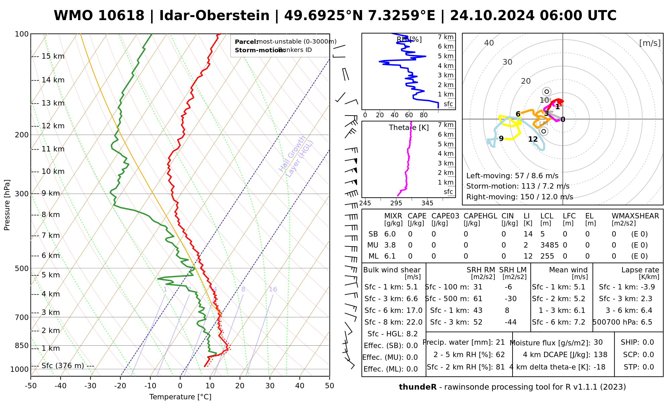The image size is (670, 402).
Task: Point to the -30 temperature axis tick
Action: pyautogui.click(x=90, y=386)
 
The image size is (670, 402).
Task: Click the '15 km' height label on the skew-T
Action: pyautogui.click(x=53, y=56)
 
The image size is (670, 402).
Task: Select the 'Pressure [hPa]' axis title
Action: pyautogui.click(x=7, y=205)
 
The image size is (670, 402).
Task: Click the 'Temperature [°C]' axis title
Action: pyautogui.click(x=180, y=397)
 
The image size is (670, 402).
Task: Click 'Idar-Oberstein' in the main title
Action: pyautogui.click(x=214, y=16)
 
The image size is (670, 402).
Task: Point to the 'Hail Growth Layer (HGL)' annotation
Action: pyautogui.click(x=296, y=156)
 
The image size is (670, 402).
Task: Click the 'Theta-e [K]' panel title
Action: pyautogui.click(x=409, y=128)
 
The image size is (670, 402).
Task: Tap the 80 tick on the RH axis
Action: pyautogui.click(x=424, y=115)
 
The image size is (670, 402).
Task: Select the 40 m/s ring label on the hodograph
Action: pyautogui.click(x=489, y=43)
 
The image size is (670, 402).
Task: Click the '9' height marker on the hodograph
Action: pyautogui.click(x=501, y=139)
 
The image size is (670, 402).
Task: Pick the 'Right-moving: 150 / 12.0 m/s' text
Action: pyautogui.click(x=520, y=197)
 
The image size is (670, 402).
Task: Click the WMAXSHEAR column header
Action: pyautogui.click(x=635, y=216)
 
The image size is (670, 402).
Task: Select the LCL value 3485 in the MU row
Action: pyautogui.click(x=549, y=245)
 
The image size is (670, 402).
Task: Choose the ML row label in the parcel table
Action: pyautogui.click(x=374, y=256)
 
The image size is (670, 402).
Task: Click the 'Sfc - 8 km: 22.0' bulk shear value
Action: pyautogui.click(x=393, y=322)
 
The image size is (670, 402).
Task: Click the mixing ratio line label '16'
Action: pyautogui.click(x=273, y=289)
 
